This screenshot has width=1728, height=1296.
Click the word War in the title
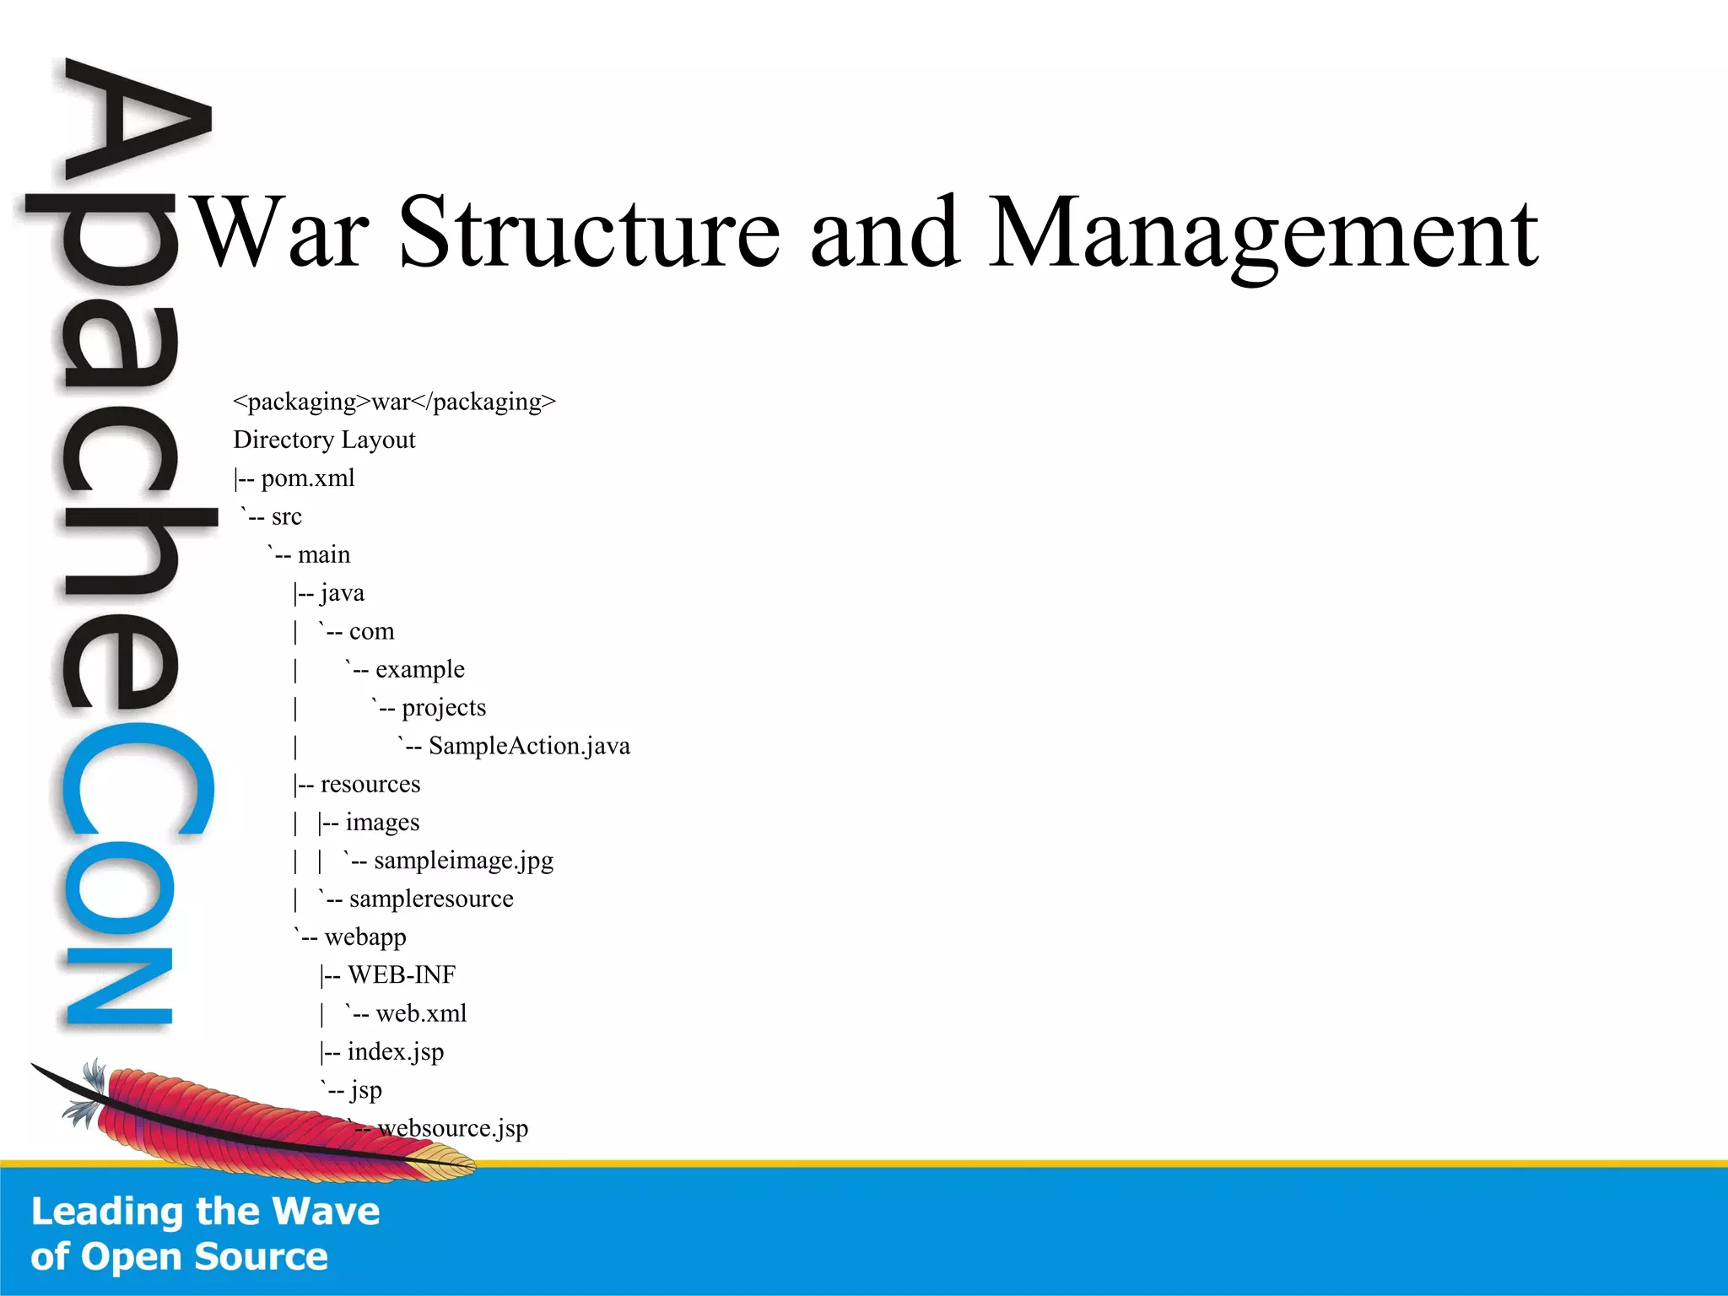282,231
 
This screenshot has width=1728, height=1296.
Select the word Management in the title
1262,233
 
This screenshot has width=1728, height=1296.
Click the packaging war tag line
394,402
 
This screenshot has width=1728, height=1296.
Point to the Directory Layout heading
324,440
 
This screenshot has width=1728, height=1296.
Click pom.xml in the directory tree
307,478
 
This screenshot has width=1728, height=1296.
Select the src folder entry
286,516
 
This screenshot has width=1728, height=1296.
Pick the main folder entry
323,555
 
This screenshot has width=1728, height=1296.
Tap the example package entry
419,670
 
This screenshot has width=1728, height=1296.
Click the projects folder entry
443,708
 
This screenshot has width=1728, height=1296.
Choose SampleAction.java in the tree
528,746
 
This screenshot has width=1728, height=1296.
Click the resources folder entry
370,785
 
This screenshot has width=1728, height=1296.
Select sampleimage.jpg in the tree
463,861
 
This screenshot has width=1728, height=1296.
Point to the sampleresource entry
430,899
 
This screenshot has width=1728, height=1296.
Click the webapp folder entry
364,937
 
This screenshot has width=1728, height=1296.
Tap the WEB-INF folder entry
401,975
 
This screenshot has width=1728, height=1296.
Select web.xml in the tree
420,1013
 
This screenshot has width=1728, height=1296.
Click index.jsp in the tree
395,1052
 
